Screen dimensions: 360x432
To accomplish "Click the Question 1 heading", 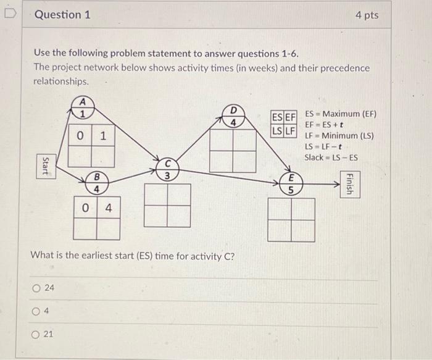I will point(62,14).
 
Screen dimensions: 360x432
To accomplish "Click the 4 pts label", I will point(367,15).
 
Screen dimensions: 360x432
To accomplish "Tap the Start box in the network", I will point(44,167).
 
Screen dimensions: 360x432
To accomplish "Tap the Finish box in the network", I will point(350,183).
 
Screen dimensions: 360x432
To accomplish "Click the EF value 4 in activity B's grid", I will point(108,208).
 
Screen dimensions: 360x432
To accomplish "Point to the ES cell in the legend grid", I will point(277,117).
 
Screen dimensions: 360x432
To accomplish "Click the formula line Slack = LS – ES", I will point(331,157).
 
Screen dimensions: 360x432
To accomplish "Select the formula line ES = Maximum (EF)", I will point(340,114).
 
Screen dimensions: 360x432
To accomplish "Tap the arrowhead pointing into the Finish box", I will point(336,183).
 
